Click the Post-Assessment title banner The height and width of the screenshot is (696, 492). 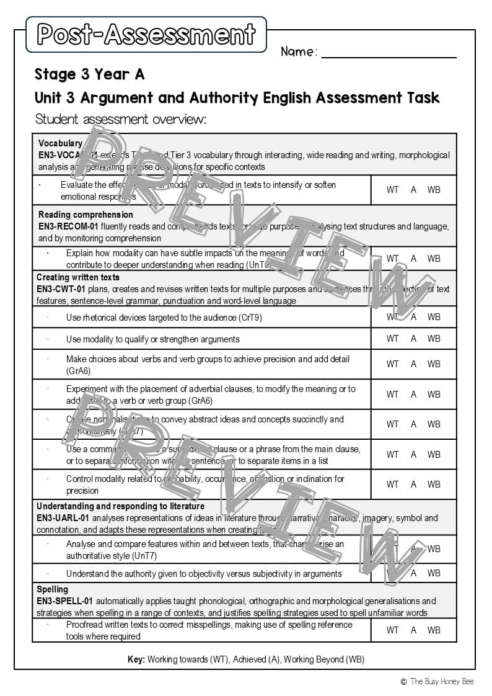146,34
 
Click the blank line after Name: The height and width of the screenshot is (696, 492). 389,55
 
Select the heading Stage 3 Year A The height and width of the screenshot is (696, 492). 90,75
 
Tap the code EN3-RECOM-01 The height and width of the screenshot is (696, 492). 68,226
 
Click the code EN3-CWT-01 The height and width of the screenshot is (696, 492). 61,289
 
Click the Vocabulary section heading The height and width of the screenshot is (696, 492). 60,143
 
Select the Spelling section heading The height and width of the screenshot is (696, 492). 53,589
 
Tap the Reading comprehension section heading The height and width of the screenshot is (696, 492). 86,215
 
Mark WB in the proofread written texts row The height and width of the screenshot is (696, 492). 434,630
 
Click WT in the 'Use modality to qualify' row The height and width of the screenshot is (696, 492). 392,339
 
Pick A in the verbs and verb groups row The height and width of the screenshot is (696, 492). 413,364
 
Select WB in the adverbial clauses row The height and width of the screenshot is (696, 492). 434,395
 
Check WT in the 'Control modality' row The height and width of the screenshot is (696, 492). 392,484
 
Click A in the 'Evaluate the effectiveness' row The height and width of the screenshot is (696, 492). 413,190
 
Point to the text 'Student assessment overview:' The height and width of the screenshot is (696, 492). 121,119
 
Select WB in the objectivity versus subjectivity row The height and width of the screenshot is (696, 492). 434,573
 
